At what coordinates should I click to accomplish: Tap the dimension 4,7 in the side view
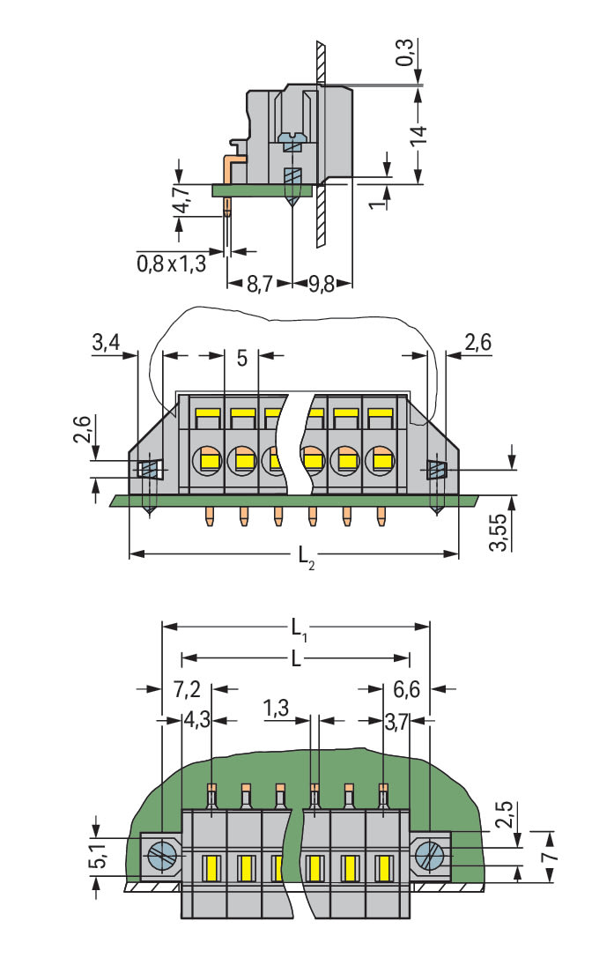pos(180,202)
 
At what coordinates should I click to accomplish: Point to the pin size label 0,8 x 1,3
pos(171,263)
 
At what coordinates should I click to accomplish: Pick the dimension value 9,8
pos(321,285)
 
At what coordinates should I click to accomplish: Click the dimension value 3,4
pos(106,343)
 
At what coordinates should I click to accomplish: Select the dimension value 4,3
pos(196,721)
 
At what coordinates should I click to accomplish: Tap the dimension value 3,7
pos(397,721)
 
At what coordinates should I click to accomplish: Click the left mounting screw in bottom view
pos(162,854)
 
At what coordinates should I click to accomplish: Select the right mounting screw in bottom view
pos(431,854)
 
